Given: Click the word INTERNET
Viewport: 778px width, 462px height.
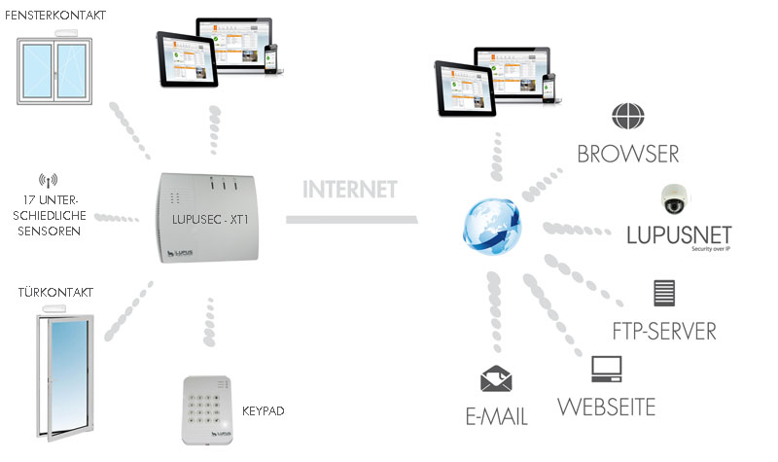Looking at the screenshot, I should (x=349, y=189).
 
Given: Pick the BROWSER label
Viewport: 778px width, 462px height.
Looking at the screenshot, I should (x=627, y=154).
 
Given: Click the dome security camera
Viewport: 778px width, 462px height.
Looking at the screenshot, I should (x=673, y=200).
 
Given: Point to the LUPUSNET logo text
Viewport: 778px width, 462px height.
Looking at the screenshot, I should (x=679, y=235).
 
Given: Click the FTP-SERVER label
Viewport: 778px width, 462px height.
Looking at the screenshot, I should (x=664, y=330).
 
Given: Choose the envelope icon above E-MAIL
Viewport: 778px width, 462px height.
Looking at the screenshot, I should (x=496, y=379).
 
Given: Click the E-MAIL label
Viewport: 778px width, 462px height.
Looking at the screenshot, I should (x=496, y=416).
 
